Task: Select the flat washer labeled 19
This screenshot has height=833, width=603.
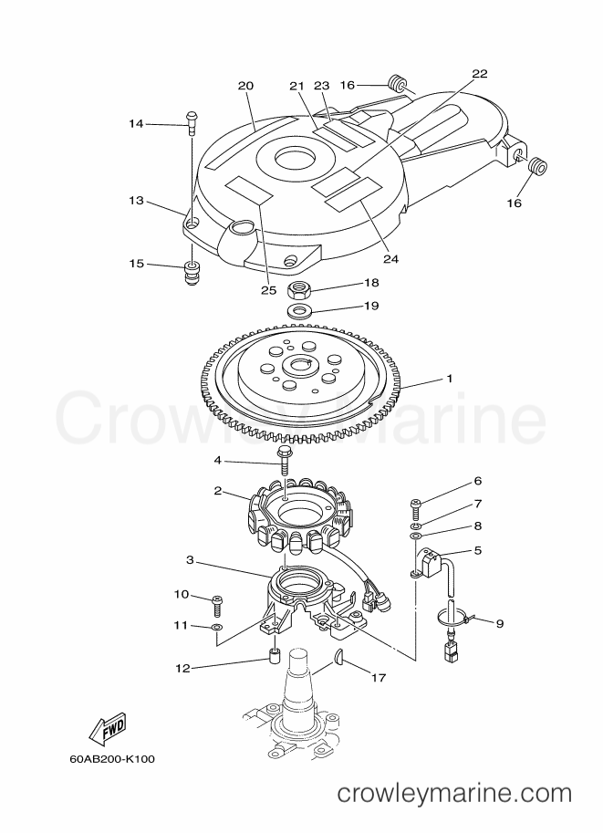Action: [298, 309]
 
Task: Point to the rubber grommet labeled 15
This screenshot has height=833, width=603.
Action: [192, 272]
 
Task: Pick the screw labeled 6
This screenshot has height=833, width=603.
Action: [415, 509]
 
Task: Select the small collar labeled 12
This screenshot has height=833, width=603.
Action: [274, 657]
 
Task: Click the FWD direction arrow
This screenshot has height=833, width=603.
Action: [109, 727]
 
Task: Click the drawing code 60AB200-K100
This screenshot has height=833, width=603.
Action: [112, 758]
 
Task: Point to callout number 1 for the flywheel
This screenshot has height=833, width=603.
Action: [450, 379]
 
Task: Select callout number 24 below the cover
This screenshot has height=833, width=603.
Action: [390, 259]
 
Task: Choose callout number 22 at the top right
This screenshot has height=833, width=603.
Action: [479, 73]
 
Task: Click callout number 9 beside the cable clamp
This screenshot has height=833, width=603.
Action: [499, 623]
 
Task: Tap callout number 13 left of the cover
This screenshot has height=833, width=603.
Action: [137, 201]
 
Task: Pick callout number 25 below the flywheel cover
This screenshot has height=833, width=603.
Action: [269, 289]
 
